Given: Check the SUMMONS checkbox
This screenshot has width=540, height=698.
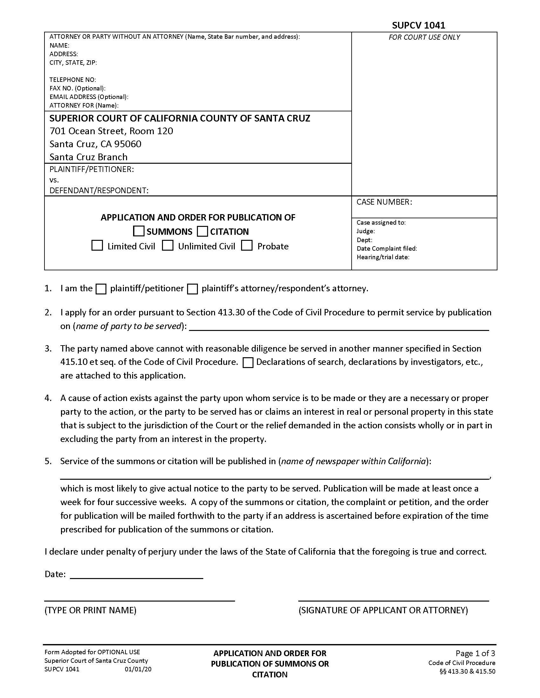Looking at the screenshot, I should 138,231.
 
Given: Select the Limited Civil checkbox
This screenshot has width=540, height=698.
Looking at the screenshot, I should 97,246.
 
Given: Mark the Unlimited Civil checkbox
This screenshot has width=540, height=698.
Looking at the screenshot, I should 168,246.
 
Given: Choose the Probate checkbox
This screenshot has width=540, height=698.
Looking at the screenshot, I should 246,246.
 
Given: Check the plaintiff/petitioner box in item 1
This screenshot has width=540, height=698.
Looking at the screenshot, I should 101,289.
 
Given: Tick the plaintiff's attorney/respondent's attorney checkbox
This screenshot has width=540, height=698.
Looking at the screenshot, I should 192,289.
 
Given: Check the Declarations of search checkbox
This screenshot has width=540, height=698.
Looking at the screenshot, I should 248,363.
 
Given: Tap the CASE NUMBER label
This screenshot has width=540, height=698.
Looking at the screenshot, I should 384,202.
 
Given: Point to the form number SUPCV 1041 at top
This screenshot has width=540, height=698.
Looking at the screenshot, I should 418,25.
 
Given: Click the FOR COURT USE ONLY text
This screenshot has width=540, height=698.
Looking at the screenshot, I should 424,37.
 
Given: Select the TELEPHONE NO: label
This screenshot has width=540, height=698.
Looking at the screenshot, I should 73,80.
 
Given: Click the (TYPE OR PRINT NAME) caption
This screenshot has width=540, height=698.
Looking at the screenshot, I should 91,610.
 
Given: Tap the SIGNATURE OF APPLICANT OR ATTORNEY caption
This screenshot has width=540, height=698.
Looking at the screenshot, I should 383,610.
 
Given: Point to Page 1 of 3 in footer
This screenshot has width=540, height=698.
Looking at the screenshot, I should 475,653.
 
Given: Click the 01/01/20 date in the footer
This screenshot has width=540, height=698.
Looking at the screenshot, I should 138,669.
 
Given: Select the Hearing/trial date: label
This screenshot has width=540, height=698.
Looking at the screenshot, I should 383,257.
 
